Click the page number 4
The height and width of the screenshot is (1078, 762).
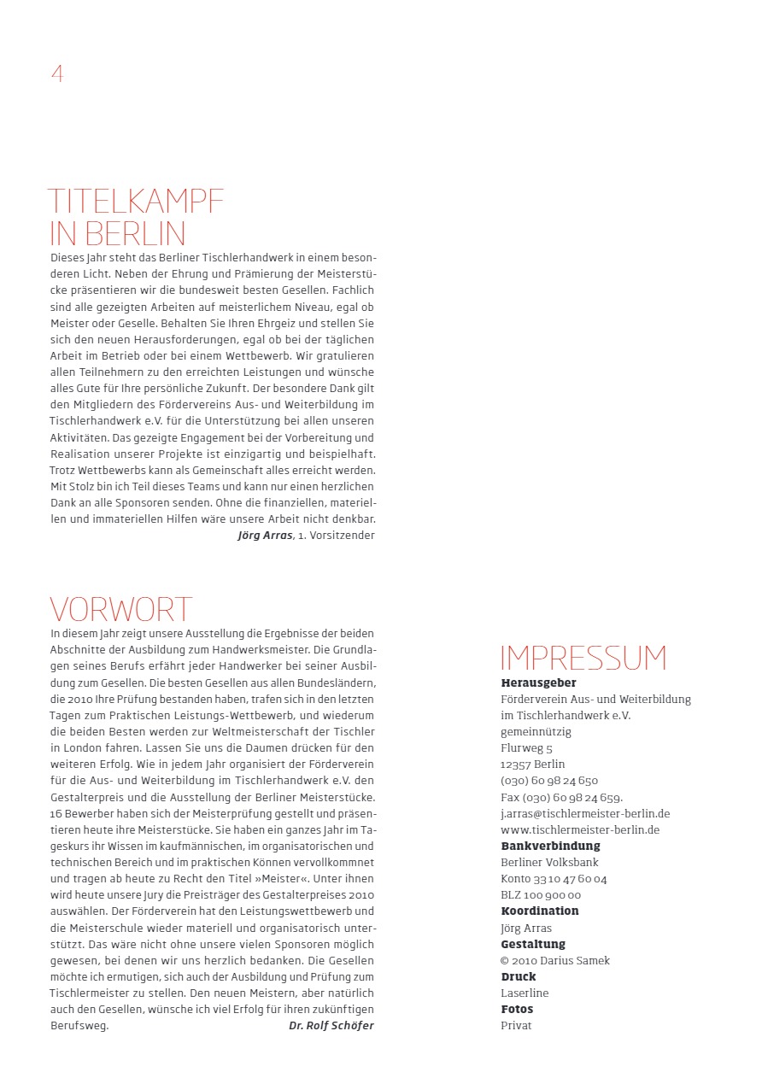pos(57,73)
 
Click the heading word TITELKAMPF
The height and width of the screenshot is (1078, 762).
pos(136,202)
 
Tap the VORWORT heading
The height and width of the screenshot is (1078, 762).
pos(121,610)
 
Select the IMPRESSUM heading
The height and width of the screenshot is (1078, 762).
pos(583,659)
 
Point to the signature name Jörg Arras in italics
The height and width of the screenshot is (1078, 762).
pos(266,536)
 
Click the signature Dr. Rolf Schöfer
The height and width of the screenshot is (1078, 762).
pos(331,1026)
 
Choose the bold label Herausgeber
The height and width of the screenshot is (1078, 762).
pos(538,683)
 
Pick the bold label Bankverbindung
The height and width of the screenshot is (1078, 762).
pos(550,847)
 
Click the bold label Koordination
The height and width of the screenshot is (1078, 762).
pos(540,911)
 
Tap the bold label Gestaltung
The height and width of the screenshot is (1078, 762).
pos(533,944)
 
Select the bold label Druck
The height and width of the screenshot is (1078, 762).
pos(519,976)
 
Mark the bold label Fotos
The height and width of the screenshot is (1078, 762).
pos(518,1010)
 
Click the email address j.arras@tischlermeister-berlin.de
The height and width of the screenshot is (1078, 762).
pos(585,814)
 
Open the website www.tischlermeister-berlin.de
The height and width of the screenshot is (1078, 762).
pos(580,830)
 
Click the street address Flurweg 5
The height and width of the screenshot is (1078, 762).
pos(526,748)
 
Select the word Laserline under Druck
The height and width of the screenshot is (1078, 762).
pos(525,993)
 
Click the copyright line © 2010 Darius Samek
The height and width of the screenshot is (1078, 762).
pos(555,961)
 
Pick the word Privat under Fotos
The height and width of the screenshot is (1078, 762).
pos(516,1026)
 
